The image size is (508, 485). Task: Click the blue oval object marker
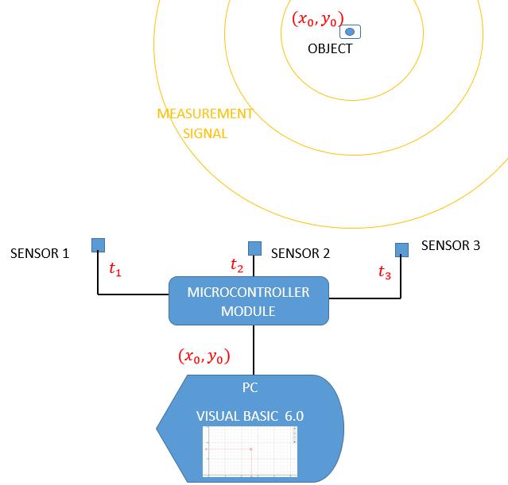click(350, 33)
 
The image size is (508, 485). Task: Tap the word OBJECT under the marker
click(330, 49)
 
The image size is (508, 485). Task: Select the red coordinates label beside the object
click(316, 18)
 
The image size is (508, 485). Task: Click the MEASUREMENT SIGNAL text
click(205, 123)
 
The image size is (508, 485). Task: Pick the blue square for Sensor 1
click(98, 244)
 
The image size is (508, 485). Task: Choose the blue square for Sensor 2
click(254, 248)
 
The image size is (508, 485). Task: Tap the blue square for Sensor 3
click(402, 250)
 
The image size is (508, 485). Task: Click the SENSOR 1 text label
click(40, 254)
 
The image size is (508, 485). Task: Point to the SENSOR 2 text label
click(301, 254)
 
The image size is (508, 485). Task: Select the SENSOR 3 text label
click(451, 246)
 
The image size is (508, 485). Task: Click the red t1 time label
click(115, 270)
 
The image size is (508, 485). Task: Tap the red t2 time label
click(237, 265)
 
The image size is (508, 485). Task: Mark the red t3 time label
click(385, 273)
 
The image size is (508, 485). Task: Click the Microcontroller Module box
click(248, 301)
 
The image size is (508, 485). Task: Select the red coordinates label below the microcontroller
click(204, 357)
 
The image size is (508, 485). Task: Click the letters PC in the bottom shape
click(250, 389)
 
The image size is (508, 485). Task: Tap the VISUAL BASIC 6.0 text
click(250, 416)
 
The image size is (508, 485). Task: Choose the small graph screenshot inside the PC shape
click(250, 451)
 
